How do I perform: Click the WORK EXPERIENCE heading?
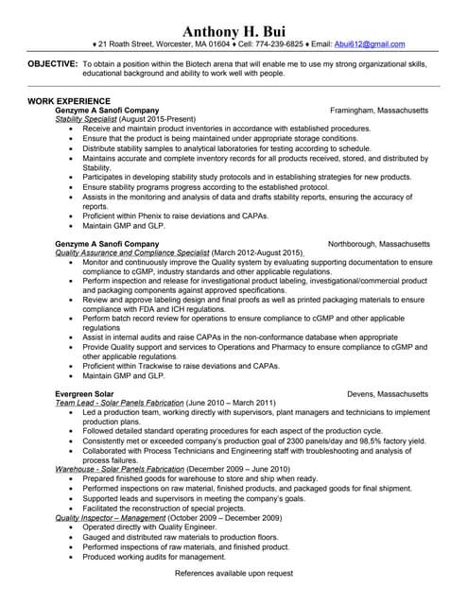(69, 100)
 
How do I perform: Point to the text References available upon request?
(234, 574)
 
